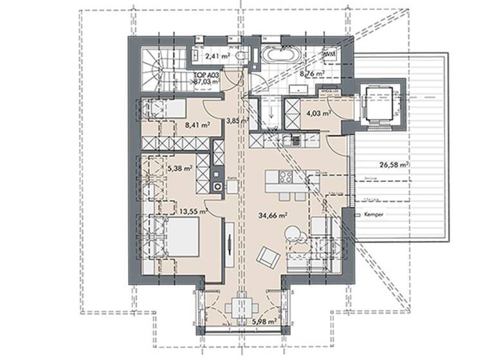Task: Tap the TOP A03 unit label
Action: [x=206, y=78]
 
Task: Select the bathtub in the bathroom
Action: [x=280, y=56]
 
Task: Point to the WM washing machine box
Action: [x=329, y=55]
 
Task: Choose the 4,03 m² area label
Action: [x=318, y=114]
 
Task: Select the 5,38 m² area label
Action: [x=179, y=169]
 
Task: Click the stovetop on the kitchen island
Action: [x=284, y=179]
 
